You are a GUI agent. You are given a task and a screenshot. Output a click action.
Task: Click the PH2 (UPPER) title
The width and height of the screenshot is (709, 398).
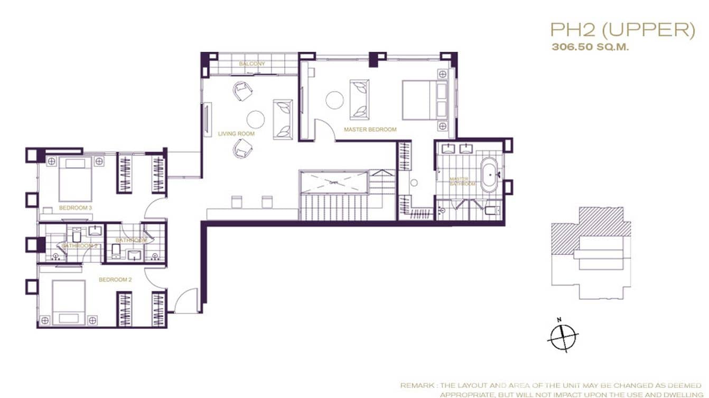pos(622,30)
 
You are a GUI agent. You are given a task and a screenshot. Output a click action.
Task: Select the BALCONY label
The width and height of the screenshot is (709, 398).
pos(251,64)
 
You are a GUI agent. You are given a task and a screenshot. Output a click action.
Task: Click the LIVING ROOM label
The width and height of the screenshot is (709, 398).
pos(236,134)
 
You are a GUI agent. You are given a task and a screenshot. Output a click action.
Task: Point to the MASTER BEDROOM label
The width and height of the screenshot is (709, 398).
pos(370,129)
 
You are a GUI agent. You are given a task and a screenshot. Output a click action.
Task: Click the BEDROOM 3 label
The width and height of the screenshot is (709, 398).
pos(76,208)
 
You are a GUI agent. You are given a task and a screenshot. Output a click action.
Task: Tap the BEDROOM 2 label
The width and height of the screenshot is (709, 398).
pos(115,280)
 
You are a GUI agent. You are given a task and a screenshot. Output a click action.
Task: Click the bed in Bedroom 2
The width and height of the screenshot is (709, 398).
pos(69,301)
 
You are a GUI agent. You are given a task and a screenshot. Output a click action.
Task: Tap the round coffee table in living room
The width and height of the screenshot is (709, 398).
pos(256,119)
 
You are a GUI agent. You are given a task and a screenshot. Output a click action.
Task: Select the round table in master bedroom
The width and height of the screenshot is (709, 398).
pos(334,100)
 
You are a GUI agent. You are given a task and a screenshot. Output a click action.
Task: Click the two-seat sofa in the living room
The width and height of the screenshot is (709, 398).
pos(283,119)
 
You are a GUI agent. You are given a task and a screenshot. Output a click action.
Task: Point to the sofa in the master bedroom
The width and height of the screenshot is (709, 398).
pos(360,99)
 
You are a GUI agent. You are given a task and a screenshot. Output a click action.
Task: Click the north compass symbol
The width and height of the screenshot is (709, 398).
pos(563,336)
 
